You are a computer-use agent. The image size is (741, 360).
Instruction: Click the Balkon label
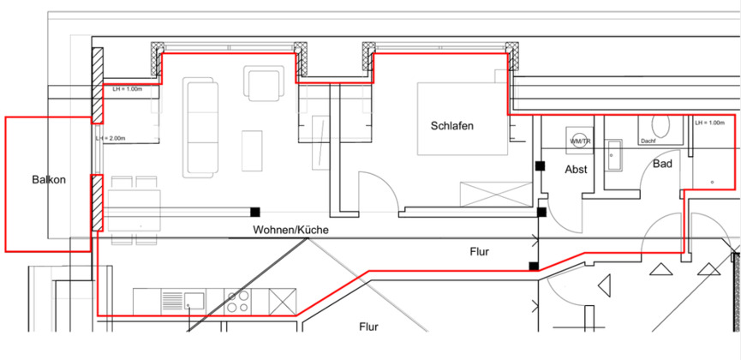click(49, 180)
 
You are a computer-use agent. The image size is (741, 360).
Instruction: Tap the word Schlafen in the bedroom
click(451, 126)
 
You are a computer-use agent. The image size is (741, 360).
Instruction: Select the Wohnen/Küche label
click(290, 230)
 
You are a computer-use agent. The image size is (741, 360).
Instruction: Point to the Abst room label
click(576, 170)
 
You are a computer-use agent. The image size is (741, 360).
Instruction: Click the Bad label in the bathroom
click(662, 165)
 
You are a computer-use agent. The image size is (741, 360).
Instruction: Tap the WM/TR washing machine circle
click(580, 141)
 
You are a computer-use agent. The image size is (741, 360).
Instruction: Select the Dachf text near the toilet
click(648, 141)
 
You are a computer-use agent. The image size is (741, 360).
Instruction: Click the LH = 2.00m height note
click(111, 138)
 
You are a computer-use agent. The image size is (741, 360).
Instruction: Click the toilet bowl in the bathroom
click(660, 125)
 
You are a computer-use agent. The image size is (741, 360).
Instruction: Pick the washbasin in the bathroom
click(615, 156)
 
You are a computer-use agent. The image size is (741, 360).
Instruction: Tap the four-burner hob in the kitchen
click(237, 302)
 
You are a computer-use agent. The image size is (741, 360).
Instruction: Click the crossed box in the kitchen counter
click(283, 302)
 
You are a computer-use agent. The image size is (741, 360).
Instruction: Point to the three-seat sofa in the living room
click(200, 128)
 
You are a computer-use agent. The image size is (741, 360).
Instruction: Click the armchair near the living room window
click(264, 84)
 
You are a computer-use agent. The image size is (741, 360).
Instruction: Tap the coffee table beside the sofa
click(252, 151)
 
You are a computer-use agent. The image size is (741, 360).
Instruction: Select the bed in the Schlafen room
click(463, 119)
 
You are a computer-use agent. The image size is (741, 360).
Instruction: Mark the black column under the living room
click(255, 212)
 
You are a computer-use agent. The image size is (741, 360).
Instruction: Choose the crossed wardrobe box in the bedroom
click(496, 194)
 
